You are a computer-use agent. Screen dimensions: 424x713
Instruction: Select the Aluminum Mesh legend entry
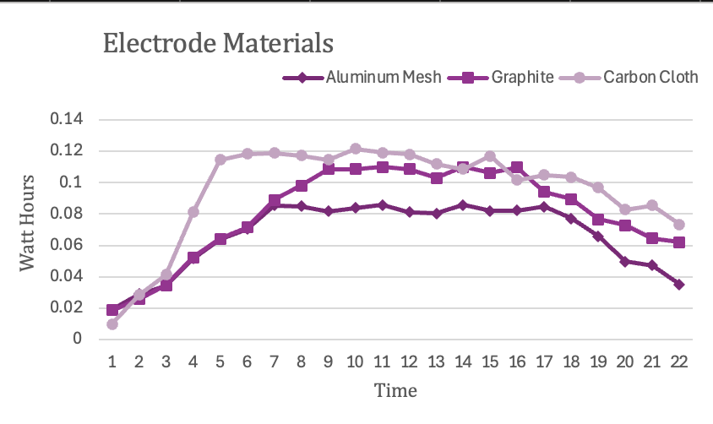tap(383, 78)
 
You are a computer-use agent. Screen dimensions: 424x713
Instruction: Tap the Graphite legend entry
tap(522, 78)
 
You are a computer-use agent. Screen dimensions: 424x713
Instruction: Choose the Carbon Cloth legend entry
tap(650, 78)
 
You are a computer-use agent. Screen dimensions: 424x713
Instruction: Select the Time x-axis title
tap(395, 390)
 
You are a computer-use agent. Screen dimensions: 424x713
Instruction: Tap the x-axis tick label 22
tap(678, 361)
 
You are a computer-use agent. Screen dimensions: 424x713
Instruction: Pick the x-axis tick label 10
tap(355, 361)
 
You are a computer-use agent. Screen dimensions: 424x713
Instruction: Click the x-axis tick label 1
tap(112, 361)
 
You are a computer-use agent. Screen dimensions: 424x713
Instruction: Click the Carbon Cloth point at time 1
tap(112, 324)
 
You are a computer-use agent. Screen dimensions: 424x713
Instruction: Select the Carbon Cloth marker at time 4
tap(193, 212)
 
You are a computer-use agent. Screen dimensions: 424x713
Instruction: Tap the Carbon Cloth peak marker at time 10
tap(355, 149)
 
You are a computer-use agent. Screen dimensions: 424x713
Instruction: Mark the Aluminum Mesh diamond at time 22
tap(678, 285)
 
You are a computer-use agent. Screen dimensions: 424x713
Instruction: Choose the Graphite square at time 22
tap(678, 242)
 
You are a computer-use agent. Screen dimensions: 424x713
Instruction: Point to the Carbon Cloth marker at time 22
tap(678, 225)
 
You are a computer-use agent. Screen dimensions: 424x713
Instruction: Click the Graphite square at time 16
tap(517, 167)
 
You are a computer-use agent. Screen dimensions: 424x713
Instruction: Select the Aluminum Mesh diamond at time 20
tap(624, 262)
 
